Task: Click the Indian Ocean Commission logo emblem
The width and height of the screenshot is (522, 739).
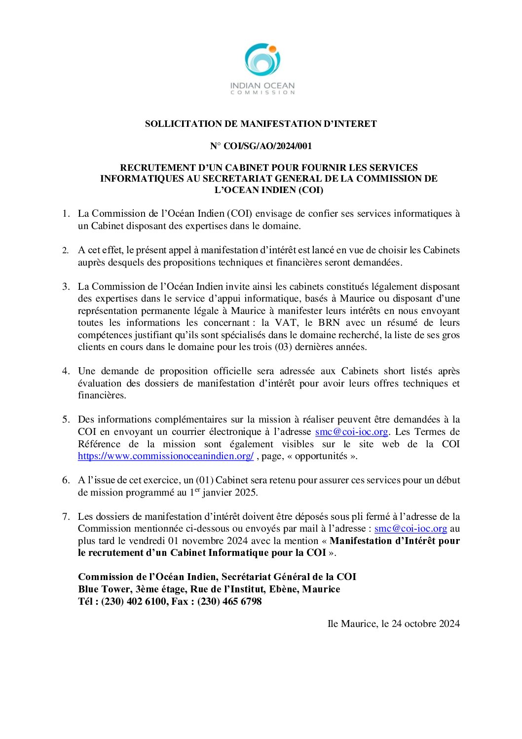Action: point(262,60)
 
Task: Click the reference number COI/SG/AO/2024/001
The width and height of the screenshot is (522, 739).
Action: point(267,146)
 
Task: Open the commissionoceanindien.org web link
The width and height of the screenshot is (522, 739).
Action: point(166,456)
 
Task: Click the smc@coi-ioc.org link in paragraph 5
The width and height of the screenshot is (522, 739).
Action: point(351,431)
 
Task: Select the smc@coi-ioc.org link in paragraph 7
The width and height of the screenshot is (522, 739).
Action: point(410,528)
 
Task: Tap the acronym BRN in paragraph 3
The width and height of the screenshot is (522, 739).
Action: point(329,323)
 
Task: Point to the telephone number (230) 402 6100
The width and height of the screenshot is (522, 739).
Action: point(134,601)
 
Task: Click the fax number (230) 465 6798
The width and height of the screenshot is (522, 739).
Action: point(229,601)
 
